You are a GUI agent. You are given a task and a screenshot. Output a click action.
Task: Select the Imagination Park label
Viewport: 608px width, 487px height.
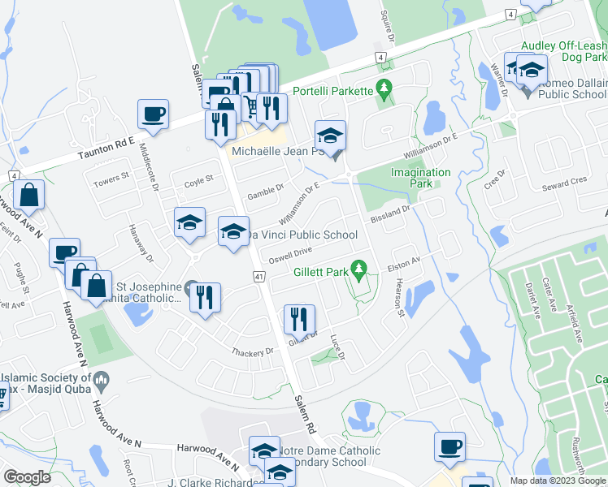(x=420, y=178)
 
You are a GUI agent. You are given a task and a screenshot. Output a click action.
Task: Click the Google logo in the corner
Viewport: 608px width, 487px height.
(x=27, y=477)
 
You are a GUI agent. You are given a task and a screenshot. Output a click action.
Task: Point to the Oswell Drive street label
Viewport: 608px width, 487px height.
(x=290, y=254)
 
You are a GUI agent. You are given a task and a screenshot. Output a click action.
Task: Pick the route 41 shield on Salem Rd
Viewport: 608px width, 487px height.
(x=259, y=277)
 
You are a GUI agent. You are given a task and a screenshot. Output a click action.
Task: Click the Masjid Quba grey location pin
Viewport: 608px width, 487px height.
(x=102, y=378)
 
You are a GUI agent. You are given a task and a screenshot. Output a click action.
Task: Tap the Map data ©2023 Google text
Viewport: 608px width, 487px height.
(x=557, y=480)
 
